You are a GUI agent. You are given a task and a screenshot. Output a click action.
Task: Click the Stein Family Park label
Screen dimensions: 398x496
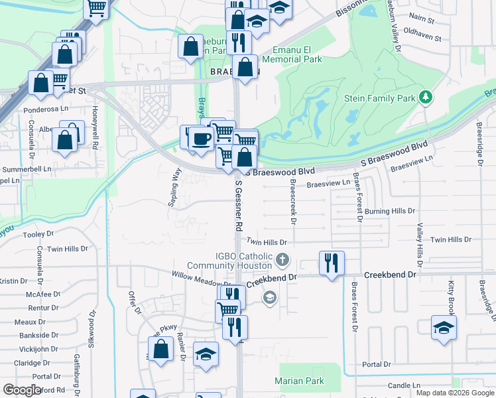pos(380,98)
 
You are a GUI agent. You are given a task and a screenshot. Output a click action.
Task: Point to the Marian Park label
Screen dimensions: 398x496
pos(299,381)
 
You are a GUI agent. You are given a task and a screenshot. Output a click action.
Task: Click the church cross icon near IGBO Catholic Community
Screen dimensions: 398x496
pos(282,259)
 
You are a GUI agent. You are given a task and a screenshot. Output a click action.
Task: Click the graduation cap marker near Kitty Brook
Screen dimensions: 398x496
pos(444,328)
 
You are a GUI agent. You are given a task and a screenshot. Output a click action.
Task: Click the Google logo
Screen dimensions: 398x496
pos(23,390)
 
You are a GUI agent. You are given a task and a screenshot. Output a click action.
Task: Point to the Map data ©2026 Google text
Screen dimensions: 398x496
pos(455,393)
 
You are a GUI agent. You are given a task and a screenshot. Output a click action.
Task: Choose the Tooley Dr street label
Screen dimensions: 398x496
pos(38,234)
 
